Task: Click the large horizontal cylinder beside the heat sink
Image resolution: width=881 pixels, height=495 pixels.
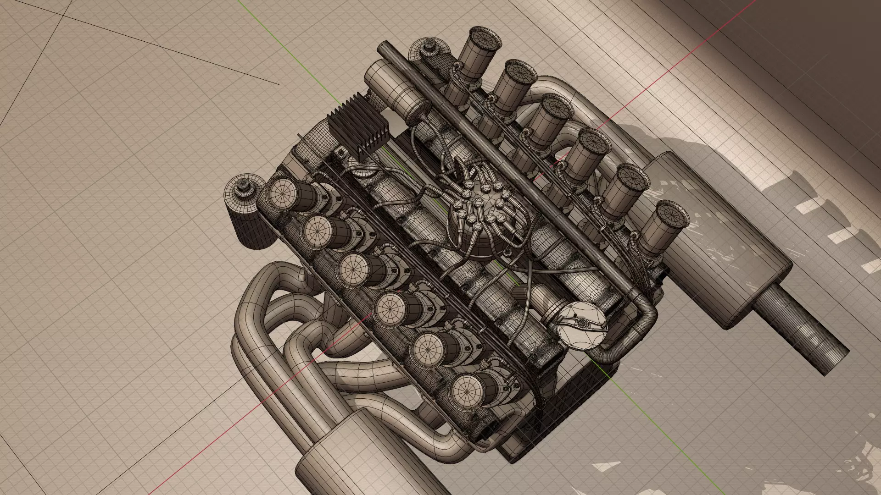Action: coord(395,92)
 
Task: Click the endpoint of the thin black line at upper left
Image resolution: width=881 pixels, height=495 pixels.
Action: coord(279,84)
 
